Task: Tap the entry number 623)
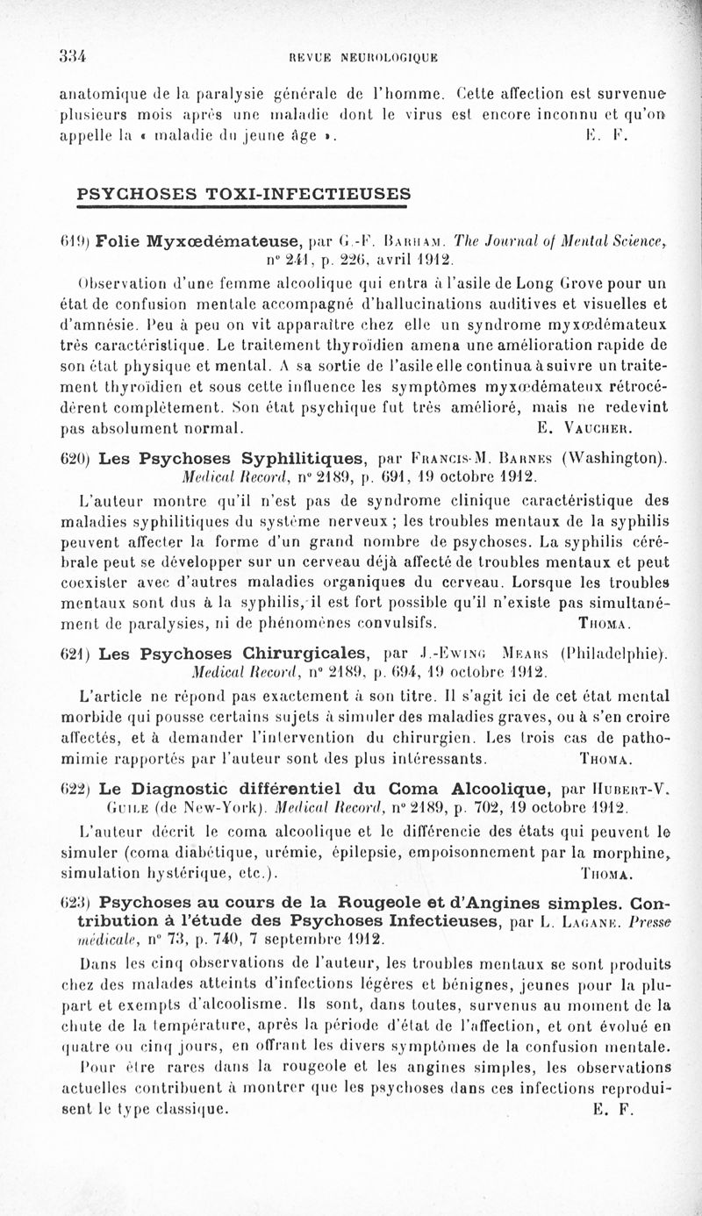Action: tap(74, 900)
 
